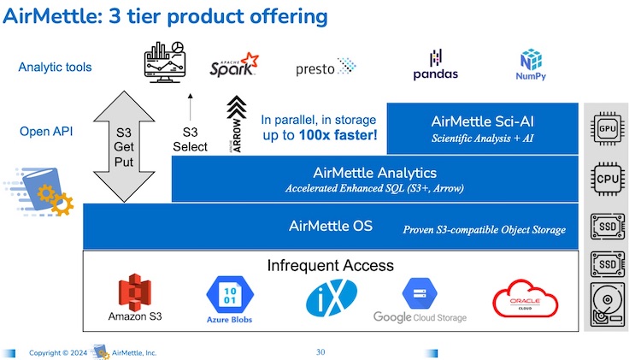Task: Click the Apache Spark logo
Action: [234, 65]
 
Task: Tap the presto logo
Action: [326, 67]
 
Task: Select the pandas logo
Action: [435, 65]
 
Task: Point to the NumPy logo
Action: [531, 65]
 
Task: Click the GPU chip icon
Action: [608, 129]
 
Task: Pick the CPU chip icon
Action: [608, 179]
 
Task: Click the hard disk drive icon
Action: [608, 304]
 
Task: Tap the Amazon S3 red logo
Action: [134, 292]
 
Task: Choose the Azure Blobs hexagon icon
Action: [230, 294]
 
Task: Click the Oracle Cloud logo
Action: [526, 298]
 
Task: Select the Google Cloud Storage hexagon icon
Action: [420, 293]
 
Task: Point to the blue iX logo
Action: [332, 298]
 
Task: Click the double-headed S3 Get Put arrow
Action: [124, 146]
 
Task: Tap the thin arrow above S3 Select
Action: [190, 107]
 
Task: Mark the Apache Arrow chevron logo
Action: [236, 124]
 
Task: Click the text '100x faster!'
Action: [338, 135]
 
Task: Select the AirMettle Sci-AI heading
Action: [482, 121]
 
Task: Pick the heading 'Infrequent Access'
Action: [330, 265]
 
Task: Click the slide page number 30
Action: [320, 351]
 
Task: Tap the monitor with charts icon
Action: [165, 62]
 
